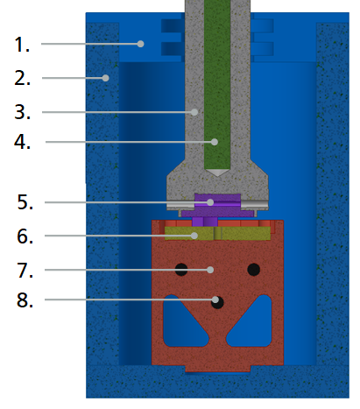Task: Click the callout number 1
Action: coord(22,45)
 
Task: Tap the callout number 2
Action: coord(22,78)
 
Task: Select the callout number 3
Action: coord(22,112)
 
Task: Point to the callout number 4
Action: coord(22,142)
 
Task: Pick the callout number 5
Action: coord(25,202)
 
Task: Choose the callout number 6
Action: coord(25,236)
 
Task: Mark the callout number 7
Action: coord(25,270)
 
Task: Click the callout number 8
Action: coord(25,300)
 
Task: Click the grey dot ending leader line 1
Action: coord(140,44)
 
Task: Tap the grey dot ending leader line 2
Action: coord(105,78)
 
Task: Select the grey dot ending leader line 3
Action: coord(194,112)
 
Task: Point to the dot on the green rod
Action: coord(215,142)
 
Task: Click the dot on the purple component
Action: coord(210,202)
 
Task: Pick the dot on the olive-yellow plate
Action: coord(194,236)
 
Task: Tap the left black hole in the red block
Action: coord(181,270)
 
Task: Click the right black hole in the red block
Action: coord(254,270)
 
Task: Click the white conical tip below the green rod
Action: coord(217,173)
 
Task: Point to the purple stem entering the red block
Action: coord(205,222)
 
